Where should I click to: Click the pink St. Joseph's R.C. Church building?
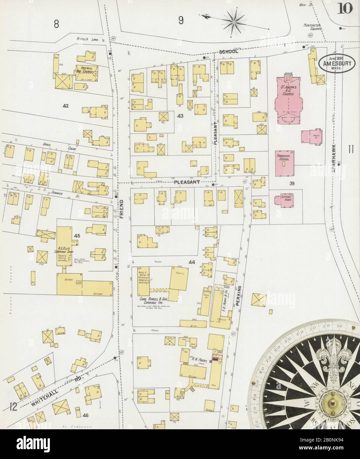287,99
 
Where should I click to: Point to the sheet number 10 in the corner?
344,10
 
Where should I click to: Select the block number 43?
180,116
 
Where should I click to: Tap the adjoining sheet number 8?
56,24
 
